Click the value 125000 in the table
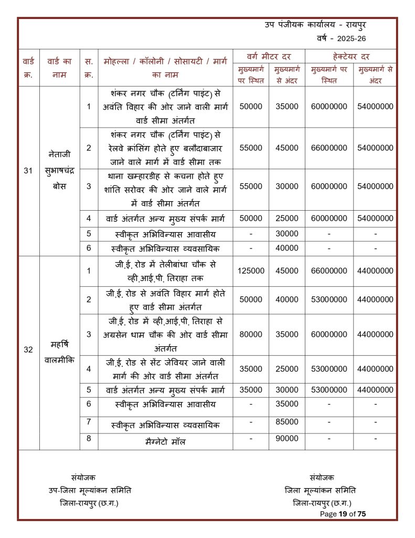(x=251, y=271)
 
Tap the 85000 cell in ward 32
(x=286, y=422)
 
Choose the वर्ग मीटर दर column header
(x=269, y=56)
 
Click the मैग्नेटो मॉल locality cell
(x=165, y=442)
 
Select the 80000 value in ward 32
(x=251, y=334)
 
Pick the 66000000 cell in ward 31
(x=329, y=148)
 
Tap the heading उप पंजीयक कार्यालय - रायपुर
(x=323, y=25)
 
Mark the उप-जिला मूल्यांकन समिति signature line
(x=90, y=490)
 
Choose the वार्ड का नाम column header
(x=59, y=68)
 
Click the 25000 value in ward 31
(x=286, y=218)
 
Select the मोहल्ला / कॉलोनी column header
(x=165, y=68)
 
